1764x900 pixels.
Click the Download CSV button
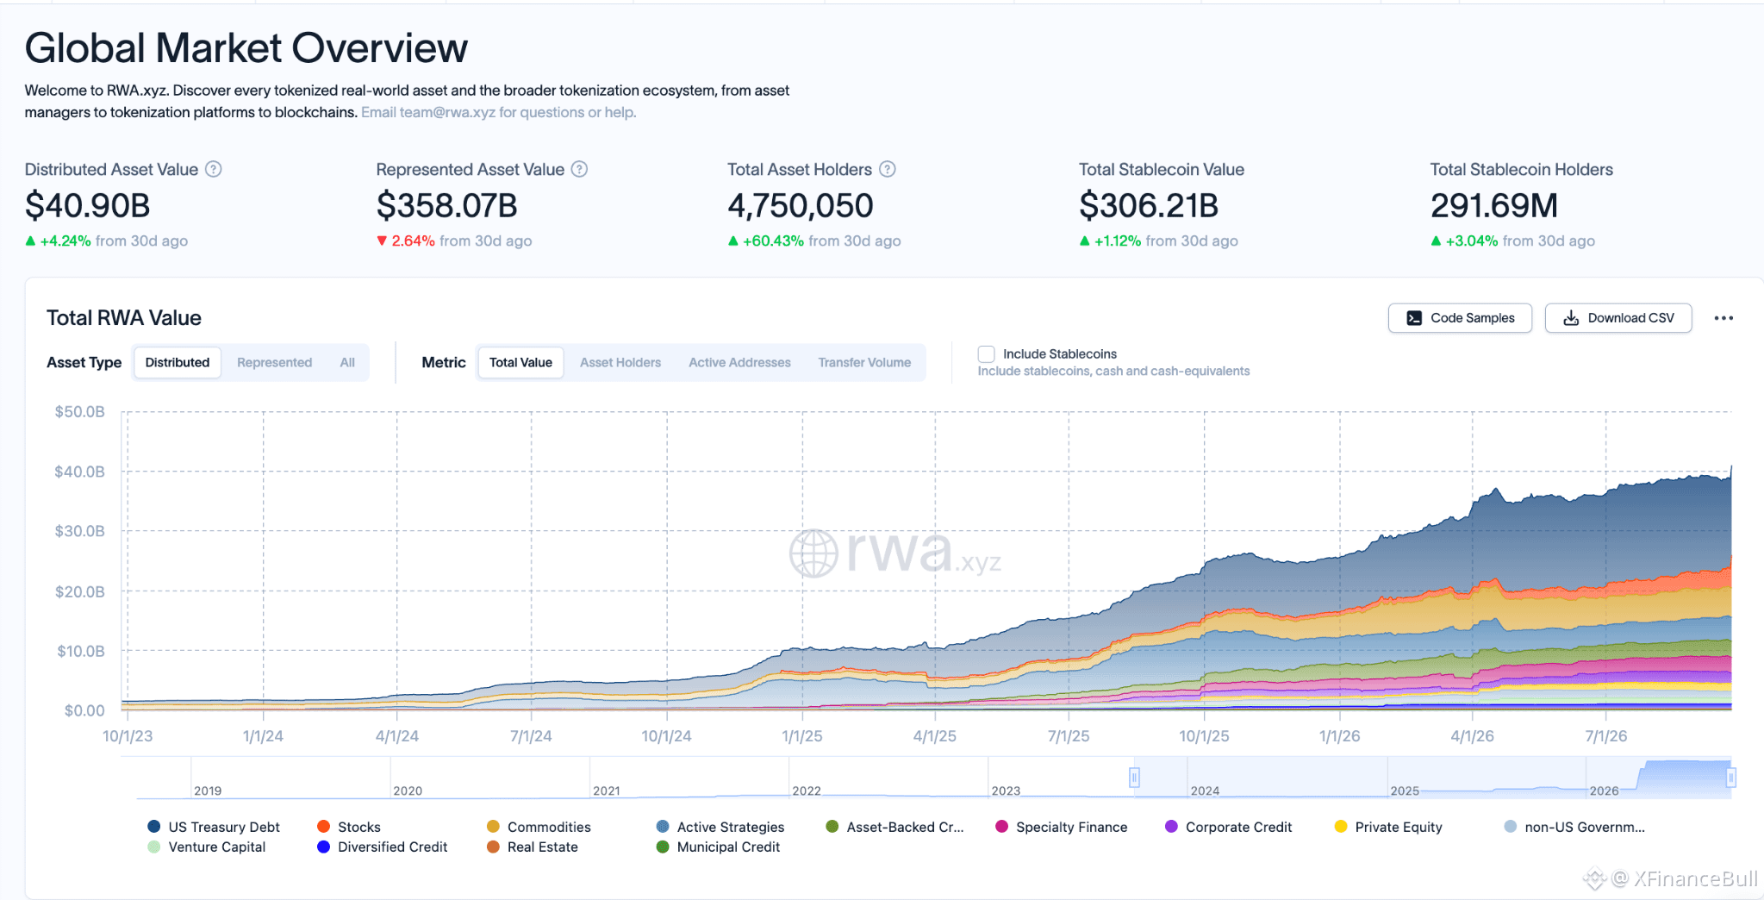1618,318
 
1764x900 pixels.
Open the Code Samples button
1460,318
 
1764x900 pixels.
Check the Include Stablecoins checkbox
987,354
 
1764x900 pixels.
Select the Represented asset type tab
274,363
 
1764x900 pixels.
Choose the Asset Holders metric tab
620,363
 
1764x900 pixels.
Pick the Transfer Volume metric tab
864,363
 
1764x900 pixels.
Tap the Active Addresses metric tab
739,363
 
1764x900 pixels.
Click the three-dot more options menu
1723,318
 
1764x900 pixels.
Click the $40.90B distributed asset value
87,206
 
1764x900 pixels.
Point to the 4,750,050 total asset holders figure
801,206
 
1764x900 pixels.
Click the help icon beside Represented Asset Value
580,170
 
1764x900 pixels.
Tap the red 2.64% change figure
413,241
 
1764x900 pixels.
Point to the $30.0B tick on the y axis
79,531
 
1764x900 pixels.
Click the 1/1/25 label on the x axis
802,736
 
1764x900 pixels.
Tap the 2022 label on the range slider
807,791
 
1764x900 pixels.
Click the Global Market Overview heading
246,48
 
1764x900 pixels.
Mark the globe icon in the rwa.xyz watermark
813,553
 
